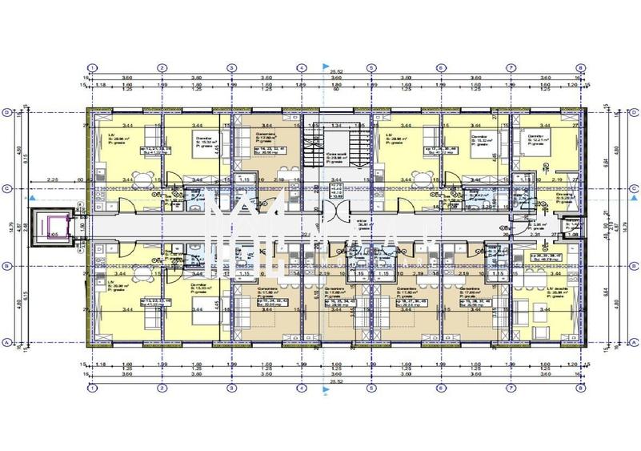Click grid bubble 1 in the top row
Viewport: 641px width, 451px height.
[94, 68]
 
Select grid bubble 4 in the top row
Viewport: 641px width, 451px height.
[302, 68]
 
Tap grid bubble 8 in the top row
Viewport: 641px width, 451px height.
[579, 68]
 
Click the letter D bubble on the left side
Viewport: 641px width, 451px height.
[7, 113]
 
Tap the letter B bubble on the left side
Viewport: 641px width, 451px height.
[7, 265]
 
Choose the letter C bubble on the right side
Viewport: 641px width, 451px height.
[632, 189]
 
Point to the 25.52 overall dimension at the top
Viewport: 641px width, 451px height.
[336, 71]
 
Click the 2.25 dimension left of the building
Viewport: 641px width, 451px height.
[51, 180]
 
